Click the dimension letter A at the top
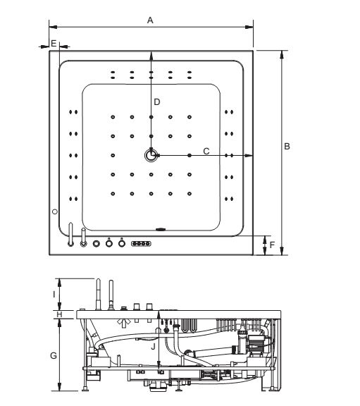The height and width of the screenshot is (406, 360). point(150,20)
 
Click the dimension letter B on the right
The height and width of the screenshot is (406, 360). point(287,147)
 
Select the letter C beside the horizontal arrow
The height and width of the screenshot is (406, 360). point(206,152)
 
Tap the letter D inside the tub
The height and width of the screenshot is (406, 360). point(157,102)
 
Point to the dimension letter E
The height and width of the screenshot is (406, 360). point(54,43)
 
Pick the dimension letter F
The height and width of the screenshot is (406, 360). point(272,245)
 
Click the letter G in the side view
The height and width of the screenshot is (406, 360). point(54,355)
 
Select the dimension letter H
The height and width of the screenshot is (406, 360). point(59,314)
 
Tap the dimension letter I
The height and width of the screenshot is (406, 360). point(54,295)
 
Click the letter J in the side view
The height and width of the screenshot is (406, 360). point(153,347)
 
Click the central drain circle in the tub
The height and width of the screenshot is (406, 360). point(151,155)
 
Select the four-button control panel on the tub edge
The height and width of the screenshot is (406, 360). point(141,244)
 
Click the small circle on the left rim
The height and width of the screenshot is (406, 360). point(55,211)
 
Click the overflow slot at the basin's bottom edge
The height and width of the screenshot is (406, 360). point(161,229)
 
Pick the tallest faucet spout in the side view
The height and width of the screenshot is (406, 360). point(98,295)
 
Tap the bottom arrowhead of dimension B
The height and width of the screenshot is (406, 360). point(282,251)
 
